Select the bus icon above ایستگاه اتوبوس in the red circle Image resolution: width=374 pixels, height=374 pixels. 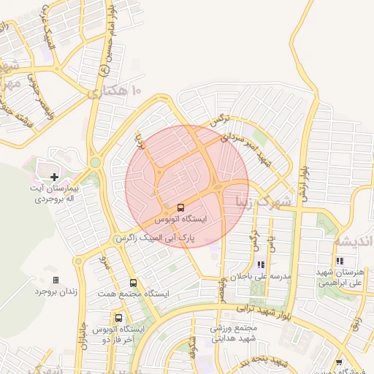tap(181, 207)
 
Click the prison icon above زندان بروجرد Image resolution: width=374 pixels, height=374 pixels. tap(56, 280)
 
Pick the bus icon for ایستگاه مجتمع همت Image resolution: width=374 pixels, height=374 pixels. tap(133, 283)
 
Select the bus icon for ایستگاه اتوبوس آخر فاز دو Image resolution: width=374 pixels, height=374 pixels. tap(118, 318)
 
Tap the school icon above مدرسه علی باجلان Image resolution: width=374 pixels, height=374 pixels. tap(261, 265)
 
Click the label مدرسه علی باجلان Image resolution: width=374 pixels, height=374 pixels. tap(262, 277)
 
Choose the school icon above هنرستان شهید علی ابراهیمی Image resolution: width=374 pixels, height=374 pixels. tap(340, 261)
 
